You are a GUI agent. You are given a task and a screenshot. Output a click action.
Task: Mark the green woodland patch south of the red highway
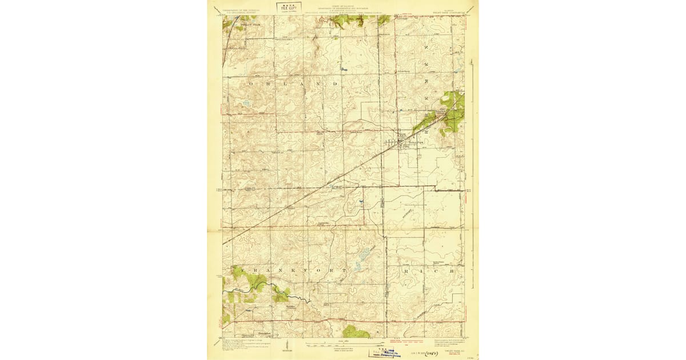[356, 331]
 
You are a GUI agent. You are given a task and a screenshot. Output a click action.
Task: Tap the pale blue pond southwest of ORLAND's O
[246, 104]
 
